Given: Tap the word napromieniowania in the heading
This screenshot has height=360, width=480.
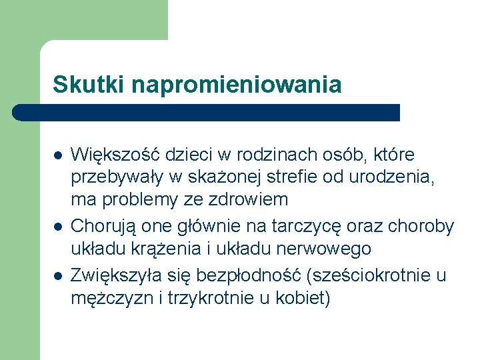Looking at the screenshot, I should (x=237, y=85).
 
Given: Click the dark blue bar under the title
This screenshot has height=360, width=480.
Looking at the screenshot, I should (x=207, y=112).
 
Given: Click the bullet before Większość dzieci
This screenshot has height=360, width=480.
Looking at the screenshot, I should (x=58, y=155).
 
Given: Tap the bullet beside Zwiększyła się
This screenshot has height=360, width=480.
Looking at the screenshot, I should (x=58, y=275).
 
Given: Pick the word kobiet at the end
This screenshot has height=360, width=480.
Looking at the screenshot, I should (x=305, y=298).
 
